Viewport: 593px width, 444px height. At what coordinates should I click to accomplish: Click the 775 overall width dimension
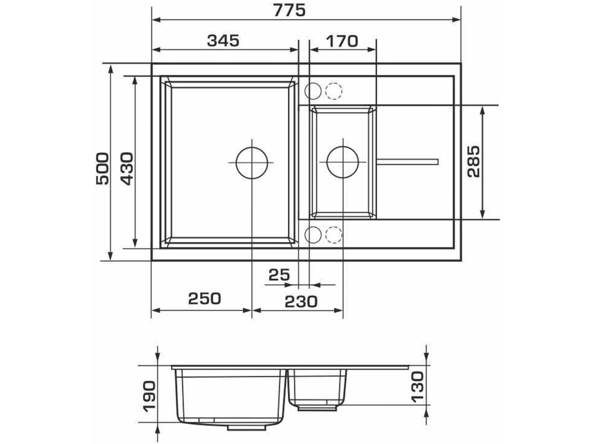(x=289, y=11)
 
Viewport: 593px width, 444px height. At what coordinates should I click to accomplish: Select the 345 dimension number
(x=223, y=41)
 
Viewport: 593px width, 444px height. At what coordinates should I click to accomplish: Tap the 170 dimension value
(x=342, y=41)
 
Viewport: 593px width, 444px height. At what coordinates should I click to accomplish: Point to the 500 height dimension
(x=103, y=169)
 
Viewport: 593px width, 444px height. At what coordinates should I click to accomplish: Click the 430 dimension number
(x=127, y=169)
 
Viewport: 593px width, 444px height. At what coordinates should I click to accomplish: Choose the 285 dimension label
(x=474, y=162)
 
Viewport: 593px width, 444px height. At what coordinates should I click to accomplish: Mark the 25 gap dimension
(x=279, y=275)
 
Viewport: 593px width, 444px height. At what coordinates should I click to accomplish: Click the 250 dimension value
(x=205, y=298)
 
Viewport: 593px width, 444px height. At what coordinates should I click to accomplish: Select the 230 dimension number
(x=301, y=302)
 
